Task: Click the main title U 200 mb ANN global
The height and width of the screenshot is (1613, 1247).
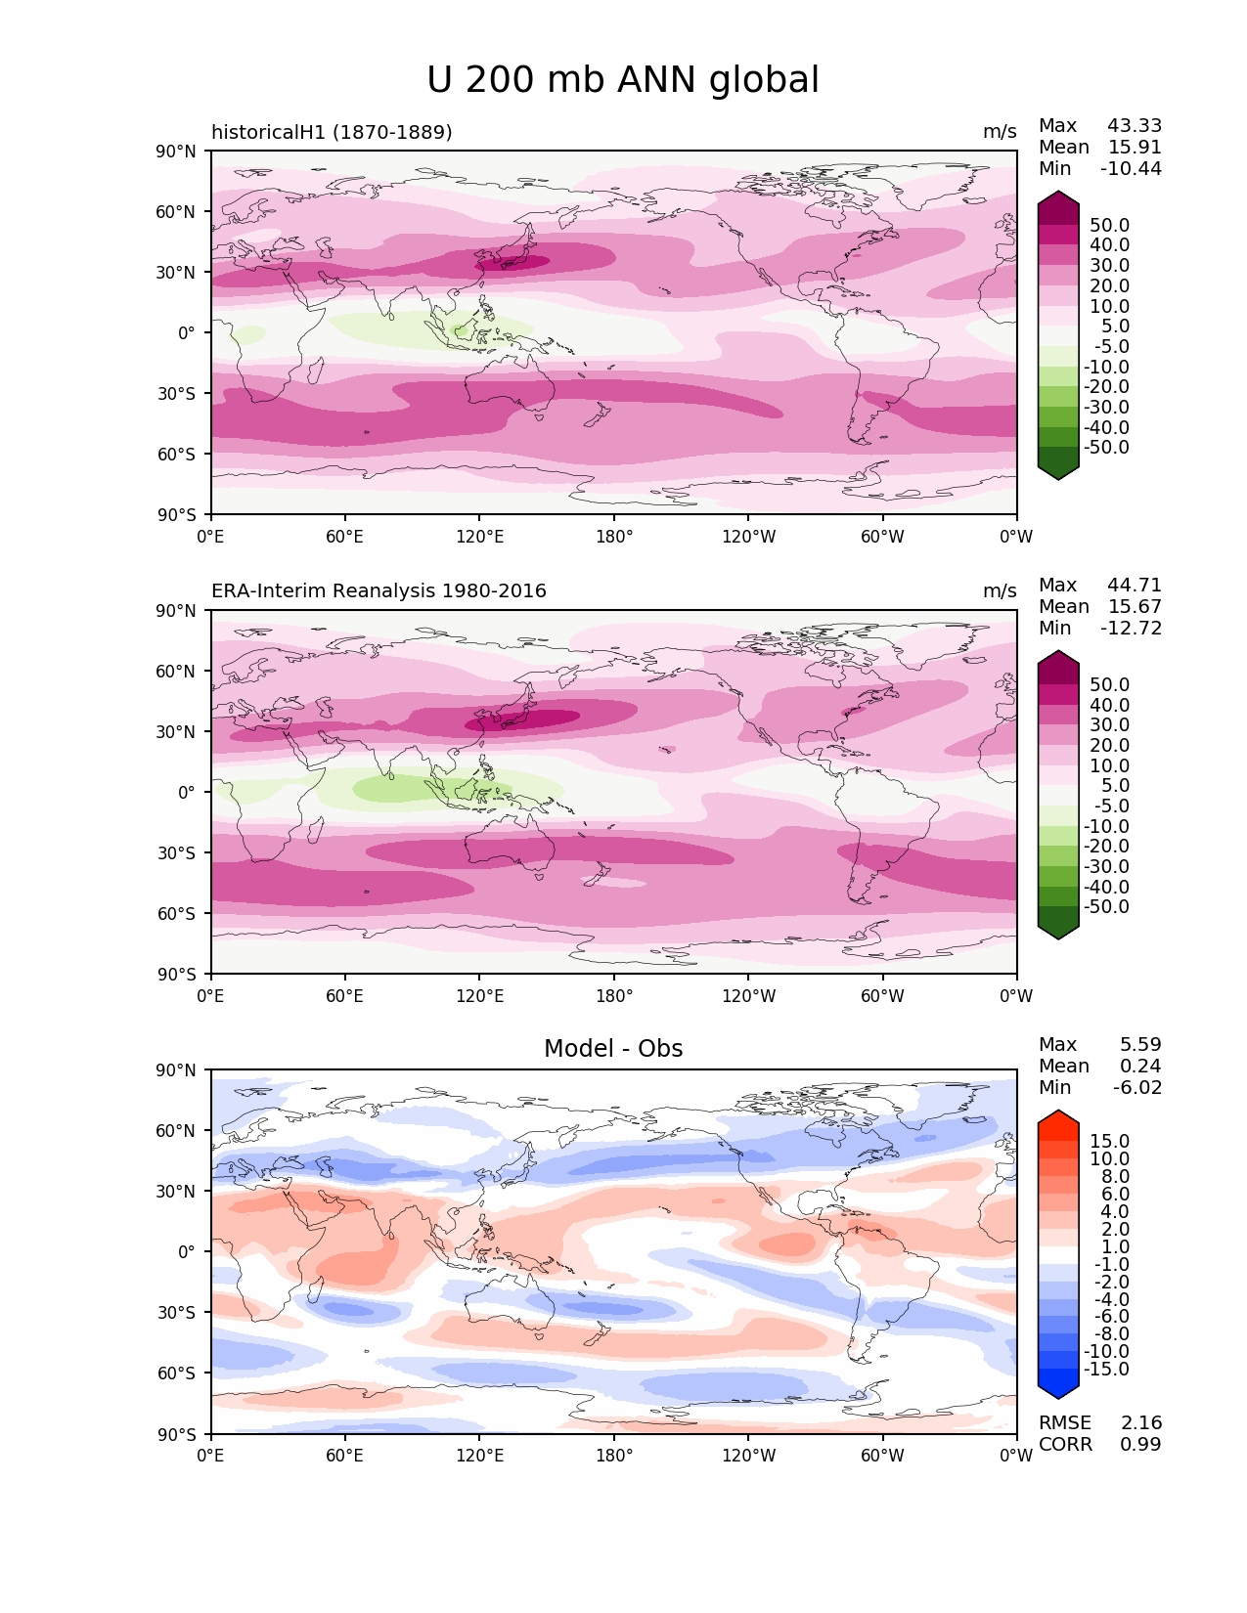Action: pyautogui.click(x=623, y=80)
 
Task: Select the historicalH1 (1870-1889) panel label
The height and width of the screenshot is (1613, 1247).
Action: pyautogui.click(x=332, y=132)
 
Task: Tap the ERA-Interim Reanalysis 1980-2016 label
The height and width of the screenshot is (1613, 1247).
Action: pyautogui.click(x=379, y=591)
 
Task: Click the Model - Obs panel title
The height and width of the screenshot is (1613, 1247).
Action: pyautogui.click(x=613, y=1049)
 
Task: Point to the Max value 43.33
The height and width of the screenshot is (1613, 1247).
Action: pyautogui.click(x=1134, y=126)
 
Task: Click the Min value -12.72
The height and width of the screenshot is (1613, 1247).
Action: pyautogui.click(x=1131, y=629)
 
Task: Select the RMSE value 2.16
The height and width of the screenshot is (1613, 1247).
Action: pyautogui.click(x=1140, y=1423)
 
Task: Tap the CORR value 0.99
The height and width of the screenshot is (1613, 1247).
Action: pyautogui.click(x=1140, y=1445)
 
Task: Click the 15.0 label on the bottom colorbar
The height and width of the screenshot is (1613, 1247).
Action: pyautogui.click(x=1109, y=1142)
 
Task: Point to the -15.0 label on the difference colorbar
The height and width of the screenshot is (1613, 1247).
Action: pyautogui.click(x=1106, y=1370)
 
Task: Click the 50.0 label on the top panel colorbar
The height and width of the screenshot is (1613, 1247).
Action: pyautogui.click(x=1109, y=226)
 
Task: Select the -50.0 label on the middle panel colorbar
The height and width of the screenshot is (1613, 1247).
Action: pyautogui.click(x=1106, y=907)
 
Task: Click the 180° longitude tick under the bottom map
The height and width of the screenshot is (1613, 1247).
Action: pyautogui.click(x=613, y=1456)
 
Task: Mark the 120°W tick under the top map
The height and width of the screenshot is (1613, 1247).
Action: pyautogui.click(x=748, y=537)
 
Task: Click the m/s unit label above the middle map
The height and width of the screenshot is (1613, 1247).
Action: pyautogui.click(x=1000, y=591)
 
